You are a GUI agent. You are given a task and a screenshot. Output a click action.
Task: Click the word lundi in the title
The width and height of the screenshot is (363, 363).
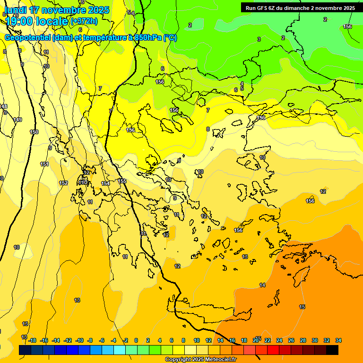(x=15, y=10)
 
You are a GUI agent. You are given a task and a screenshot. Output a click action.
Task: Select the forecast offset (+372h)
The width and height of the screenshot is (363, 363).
(x=84, y=21)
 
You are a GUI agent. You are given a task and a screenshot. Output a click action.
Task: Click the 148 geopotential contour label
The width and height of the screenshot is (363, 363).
(x=3, y=106)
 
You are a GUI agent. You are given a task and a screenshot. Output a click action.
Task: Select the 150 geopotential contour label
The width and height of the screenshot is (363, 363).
(x=34, y=132)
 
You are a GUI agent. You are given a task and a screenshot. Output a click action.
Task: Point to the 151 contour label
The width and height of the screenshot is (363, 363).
(x=44, y=164)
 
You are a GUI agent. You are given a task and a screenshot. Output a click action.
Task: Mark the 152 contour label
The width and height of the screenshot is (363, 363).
(x=63, y=183)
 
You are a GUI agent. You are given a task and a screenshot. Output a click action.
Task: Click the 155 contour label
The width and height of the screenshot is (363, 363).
(x=122, y=181)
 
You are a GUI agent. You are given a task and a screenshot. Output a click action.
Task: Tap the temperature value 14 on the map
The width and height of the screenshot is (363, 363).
(x=262, y=285)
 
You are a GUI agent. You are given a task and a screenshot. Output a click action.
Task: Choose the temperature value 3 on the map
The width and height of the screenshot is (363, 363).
(x=259, y=39)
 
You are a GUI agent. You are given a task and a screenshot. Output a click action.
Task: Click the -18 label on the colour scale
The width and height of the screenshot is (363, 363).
(x=32, y=340)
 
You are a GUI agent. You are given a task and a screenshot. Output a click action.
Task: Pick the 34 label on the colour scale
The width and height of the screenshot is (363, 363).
(x=338, y=340)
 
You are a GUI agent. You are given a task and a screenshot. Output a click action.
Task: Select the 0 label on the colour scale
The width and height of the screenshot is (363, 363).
(x=136, y=340)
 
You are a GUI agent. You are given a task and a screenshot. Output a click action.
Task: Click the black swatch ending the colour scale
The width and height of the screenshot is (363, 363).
(x=332, y=350)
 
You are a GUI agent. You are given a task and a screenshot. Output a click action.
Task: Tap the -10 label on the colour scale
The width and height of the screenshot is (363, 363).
(x=79, y=340)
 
